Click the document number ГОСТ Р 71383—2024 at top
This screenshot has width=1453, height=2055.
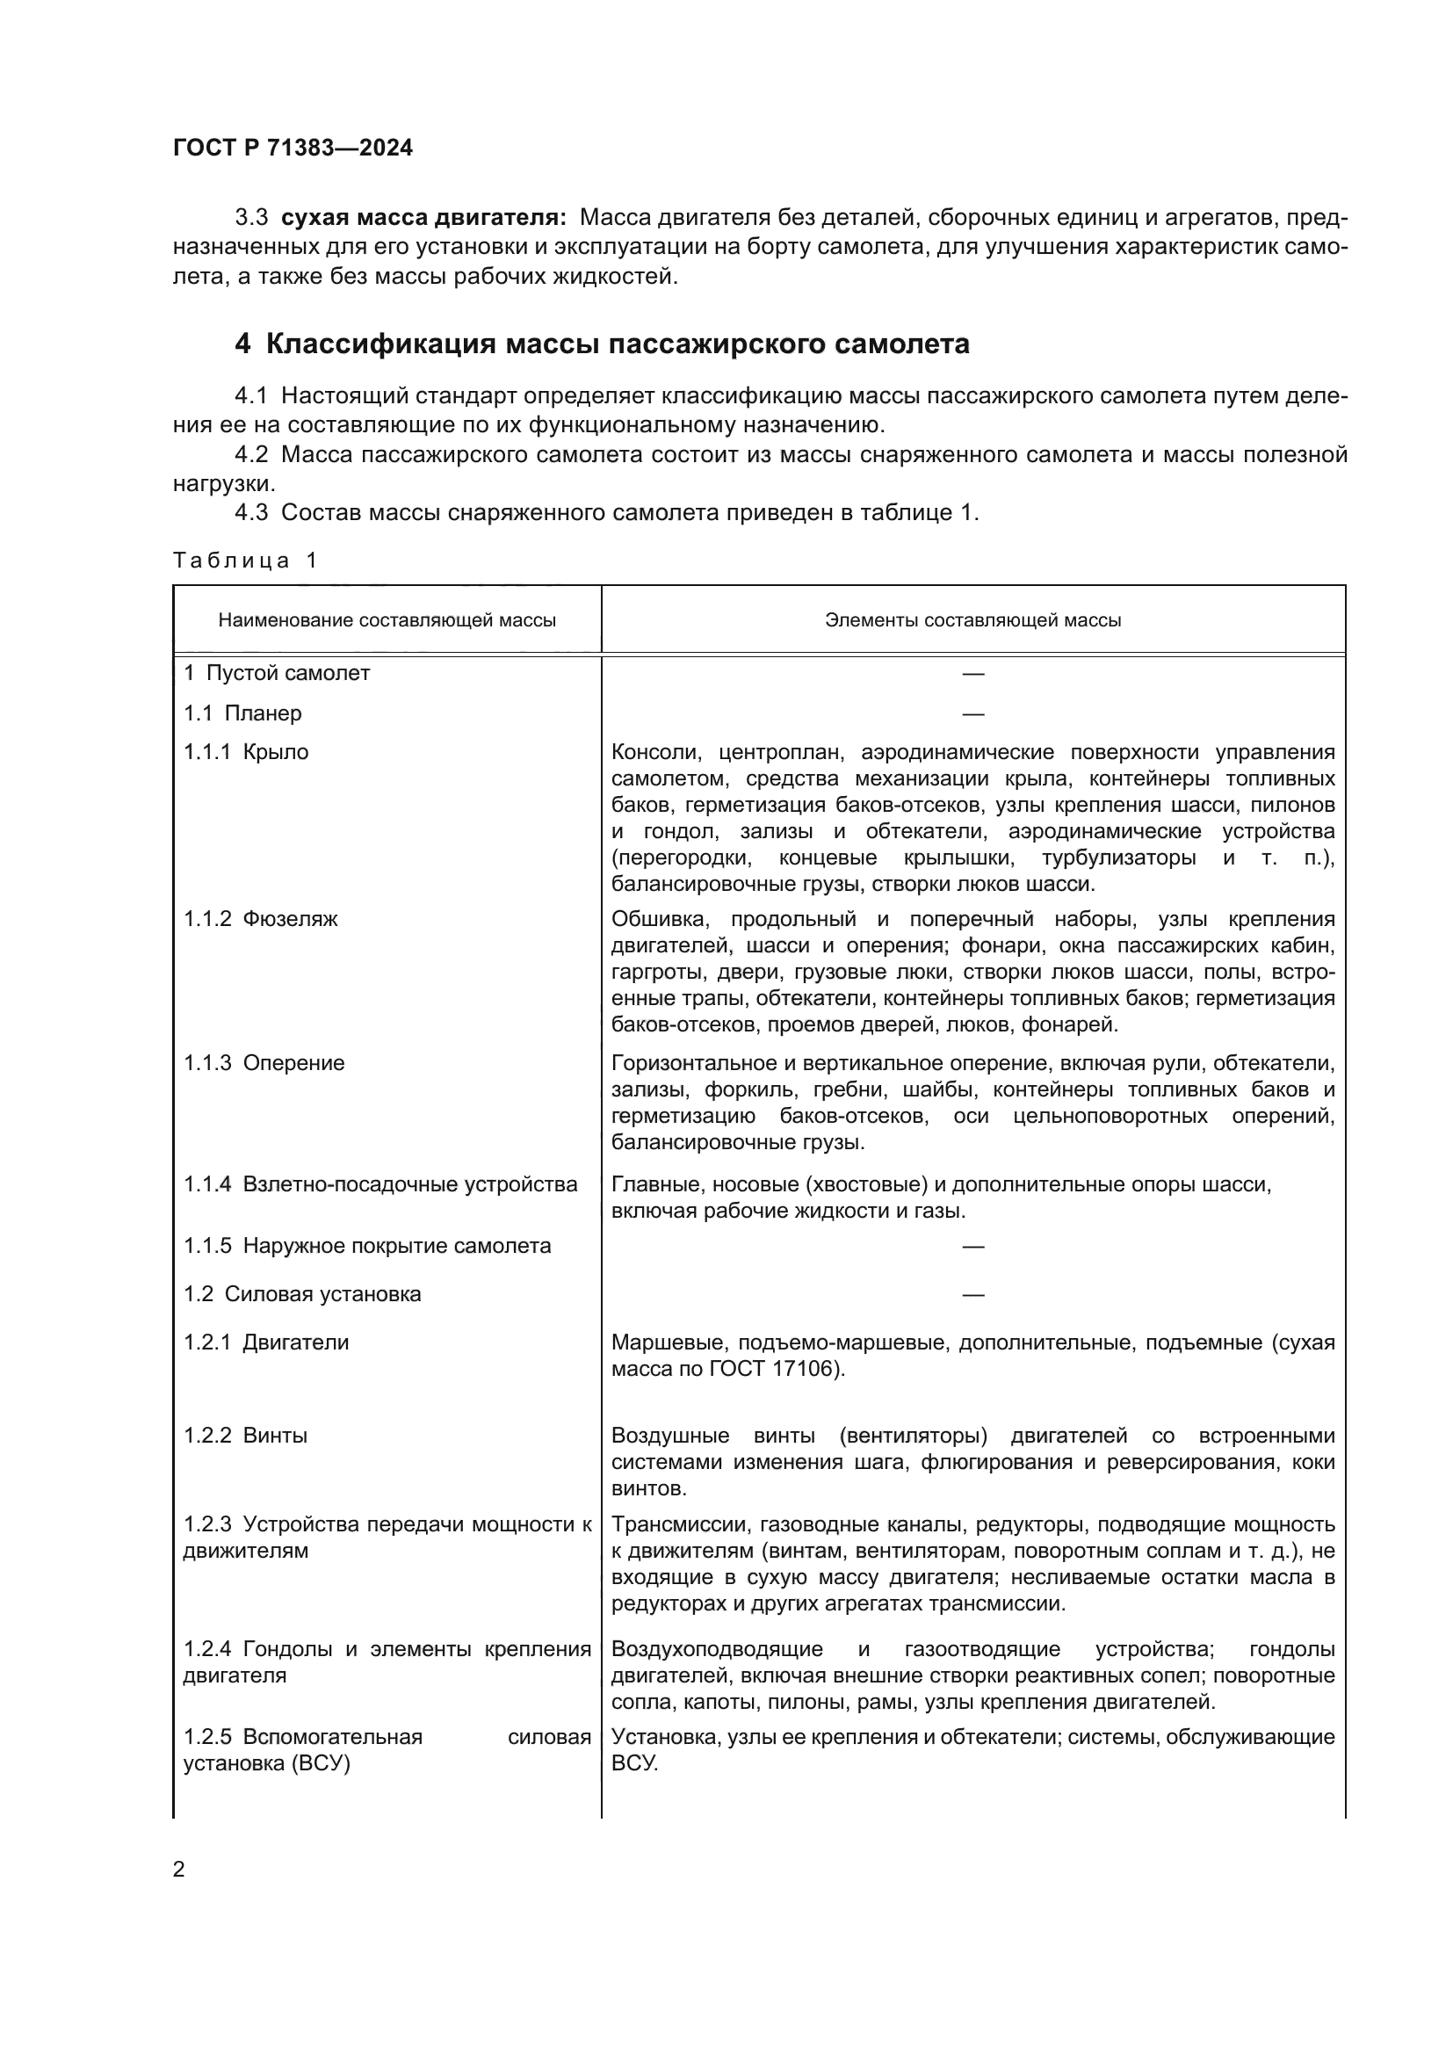[293, 148]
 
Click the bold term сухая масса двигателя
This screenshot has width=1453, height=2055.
[423, 218]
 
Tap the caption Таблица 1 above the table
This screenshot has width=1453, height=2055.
[244, 561]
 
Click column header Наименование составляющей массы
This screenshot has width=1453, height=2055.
[387, 620]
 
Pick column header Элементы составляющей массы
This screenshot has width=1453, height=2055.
[972, 620]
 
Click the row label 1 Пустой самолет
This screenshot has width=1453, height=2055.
[277, 673]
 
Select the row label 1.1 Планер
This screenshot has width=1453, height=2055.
[242, 713]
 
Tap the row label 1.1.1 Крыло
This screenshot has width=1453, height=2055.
[246, 752]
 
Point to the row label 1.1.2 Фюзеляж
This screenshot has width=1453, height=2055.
[260, 919]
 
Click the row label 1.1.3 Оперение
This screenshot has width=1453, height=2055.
[264, 1063]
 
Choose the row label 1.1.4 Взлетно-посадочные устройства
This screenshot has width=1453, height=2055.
[380, 1185]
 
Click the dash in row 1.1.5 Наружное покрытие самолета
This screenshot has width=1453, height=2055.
[972, 1247]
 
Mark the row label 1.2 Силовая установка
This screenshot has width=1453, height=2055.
[301, 1294]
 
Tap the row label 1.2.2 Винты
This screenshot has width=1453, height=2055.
[245, 1436]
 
